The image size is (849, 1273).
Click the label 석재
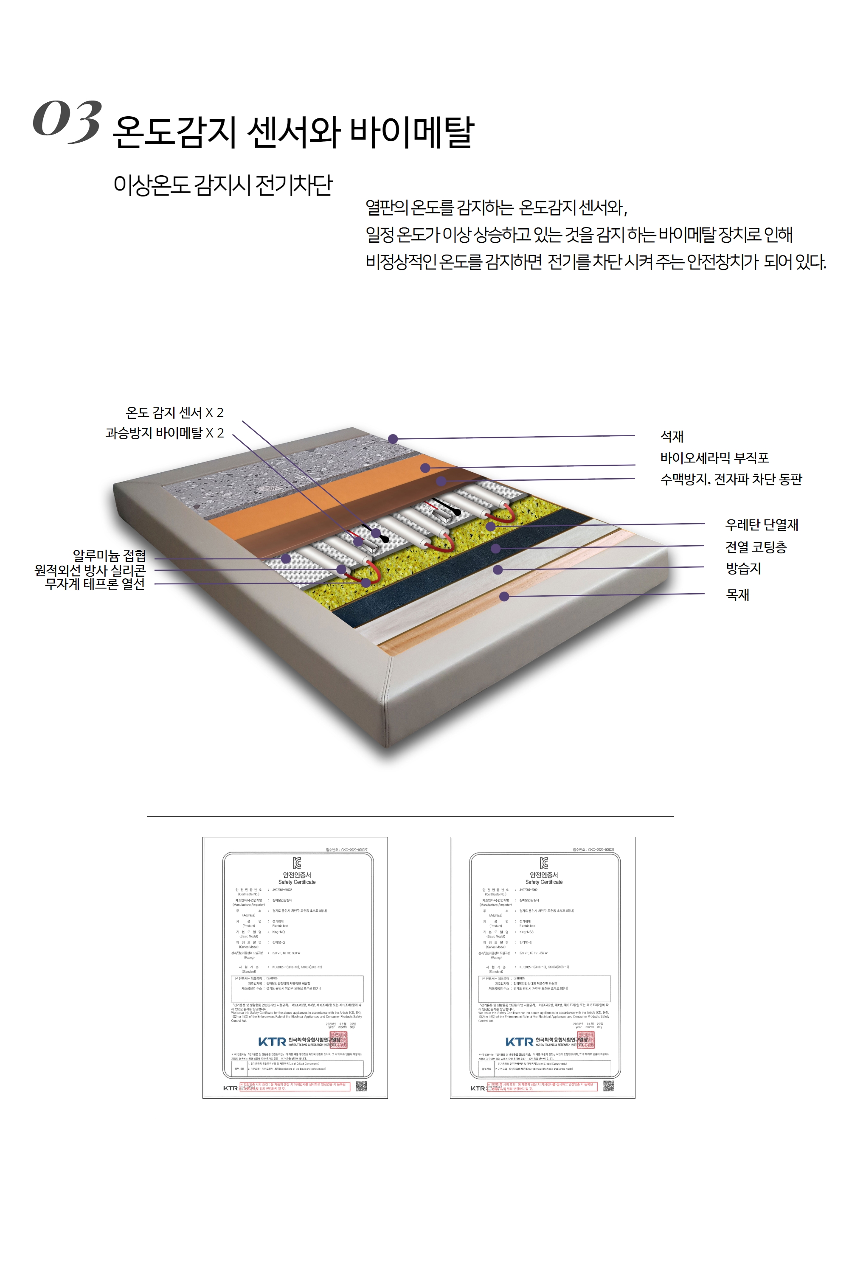click(672, 436)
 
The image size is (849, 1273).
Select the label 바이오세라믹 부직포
click(714, 458)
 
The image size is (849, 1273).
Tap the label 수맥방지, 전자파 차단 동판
click(731, 479)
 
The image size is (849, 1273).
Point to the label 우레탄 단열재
click(761, 524)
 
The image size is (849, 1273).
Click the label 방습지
click(743, 568)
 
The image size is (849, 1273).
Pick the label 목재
click(737, 595)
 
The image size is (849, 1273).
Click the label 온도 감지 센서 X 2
click(174, 413)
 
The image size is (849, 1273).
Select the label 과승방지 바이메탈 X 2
click(165, 433)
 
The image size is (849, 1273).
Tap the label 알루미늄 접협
click(110, 556)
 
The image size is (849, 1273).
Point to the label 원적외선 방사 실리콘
click(90, 570)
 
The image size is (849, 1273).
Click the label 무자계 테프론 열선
click(95, 584)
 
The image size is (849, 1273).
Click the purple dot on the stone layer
click(393, 438)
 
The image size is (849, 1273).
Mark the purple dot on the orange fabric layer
click(425, 468)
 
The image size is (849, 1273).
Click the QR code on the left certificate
click(361, 1086)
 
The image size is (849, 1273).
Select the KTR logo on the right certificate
click(519, 1042)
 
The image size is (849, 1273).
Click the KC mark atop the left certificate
click(297, 863)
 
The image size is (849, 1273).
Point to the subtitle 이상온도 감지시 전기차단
click(222, 185)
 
